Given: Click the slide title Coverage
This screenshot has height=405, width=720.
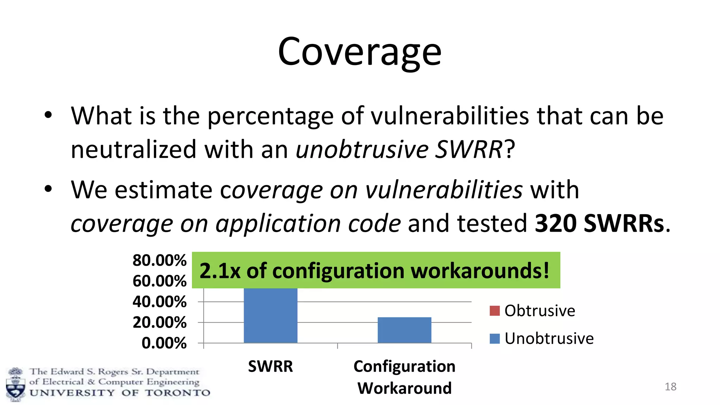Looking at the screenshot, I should [x=359, y=52].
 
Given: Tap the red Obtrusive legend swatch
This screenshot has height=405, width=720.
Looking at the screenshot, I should [x=494, y=311].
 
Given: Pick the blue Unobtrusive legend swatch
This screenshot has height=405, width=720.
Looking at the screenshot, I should [x=494, y=339].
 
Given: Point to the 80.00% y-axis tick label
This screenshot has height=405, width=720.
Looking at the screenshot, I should [x=159, y=261].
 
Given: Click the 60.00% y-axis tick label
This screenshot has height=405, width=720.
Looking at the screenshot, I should [x=159, y=281].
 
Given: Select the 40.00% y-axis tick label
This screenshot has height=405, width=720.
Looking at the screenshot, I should [x=159, y=302].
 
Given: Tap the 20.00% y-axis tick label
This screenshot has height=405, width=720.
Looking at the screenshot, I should [x=159, y=322].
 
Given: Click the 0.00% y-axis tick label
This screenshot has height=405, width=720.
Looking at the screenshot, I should [x=164, y=343].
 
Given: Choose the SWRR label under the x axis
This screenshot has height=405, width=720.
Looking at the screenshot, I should [x=270, y=366].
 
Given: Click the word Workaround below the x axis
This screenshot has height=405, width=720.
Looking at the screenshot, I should [x=404, y=388].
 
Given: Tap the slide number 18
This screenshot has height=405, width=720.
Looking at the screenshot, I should [x=670, y=387].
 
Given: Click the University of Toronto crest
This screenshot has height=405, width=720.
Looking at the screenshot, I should [x=15, y=385].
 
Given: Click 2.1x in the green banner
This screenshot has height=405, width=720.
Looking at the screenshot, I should [x=220, y=271].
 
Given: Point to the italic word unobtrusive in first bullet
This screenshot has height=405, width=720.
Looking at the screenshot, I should [x=362, y=149].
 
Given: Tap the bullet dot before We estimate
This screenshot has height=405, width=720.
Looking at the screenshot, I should [x=48, y=189].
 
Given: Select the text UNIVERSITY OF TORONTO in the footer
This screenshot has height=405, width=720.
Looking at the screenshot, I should [x=120, y=393].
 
